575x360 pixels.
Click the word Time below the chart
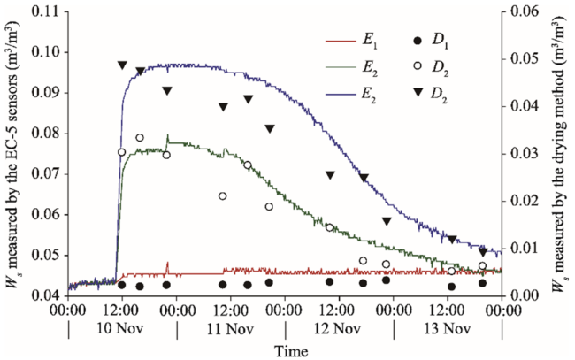tap(290, 350)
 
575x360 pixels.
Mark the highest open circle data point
tap(140, 138)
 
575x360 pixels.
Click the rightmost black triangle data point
tap(482, 252)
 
